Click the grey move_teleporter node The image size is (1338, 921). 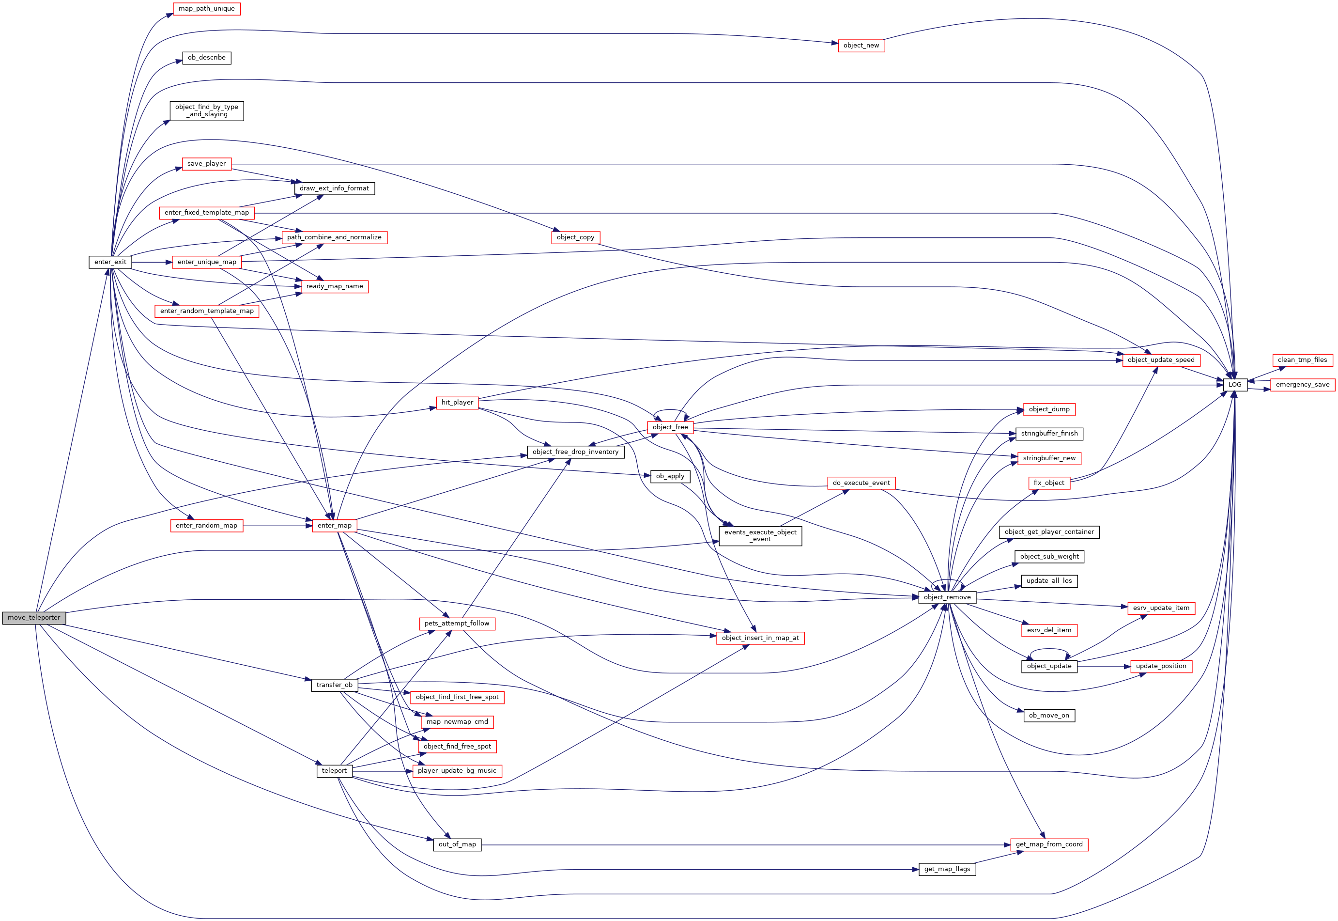(34, 617)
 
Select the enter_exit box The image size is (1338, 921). (110, 262)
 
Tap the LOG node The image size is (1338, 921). (1235, 384)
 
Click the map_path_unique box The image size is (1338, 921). (206, 9)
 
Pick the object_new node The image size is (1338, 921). (861, 46)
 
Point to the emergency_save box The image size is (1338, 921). (1302, 384)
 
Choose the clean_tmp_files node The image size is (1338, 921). (1302, 360)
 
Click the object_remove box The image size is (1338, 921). (947, 597)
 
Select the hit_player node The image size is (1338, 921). (457, 402)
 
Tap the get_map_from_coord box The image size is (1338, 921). (1049, 844)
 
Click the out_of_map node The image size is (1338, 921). (457, 844)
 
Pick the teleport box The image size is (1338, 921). (335, 771)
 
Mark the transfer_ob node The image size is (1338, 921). (335, 685)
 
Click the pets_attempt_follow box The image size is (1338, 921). (457, 623)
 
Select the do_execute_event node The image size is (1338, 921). (861, 483)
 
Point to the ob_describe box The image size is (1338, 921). (206, 58)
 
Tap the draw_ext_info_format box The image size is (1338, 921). (335, 188)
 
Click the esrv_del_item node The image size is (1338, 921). (1049, 630)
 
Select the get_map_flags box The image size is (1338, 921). (947, 869)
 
